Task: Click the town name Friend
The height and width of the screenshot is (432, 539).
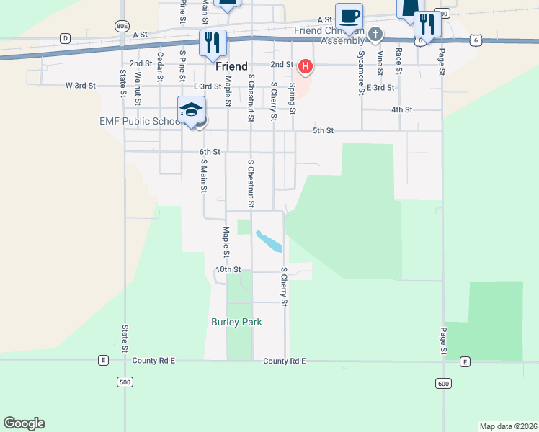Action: click(x=231, y=66)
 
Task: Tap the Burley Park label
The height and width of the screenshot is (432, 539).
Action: click(x=236, y=322)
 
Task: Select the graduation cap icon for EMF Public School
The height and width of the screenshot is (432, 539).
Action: click(x=191, y=109)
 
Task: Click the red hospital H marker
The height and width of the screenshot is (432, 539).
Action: click(x=306, y=67)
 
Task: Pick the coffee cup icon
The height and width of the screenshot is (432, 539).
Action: click(x=349, y=16)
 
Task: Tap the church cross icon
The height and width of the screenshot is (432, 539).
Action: click(x=375, y=34)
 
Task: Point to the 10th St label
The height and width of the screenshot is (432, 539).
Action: click(x=228, y=269)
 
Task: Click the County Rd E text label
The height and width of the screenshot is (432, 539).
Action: click(x=285, y=360)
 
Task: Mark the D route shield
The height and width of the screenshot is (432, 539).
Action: click(x=65, y=37)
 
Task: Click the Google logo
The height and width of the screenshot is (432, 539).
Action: click(x=24, y=423)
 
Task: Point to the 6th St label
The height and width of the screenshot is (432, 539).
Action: click(x=209, y=152)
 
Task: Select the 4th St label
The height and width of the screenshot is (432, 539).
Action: click(x=401, y=109)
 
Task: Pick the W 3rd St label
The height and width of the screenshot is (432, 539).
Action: click(x=81, y=85)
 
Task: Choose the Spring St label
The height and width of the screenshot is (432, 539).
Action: click(x=293, y=98)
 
